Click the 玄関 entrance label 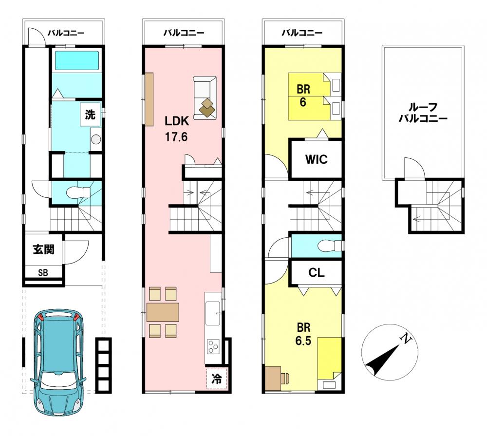click(x=44, y=249)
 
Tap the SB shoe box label click(x=43, y=272)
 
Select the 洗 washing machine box click(x=91, y=114)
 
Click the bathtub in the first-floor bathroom click(x=77, y=60)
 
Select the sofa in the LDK click(x=205, y=97)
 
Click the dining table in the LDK click(x=163, y=312)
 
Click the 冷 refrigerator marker click(x=217, y=379)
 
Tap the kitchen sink click(x=214, y=313)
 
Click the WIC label click(x=316, y=159)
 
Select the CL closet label click(x=317, y=272)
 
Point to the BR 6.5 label click(x=303, y=334)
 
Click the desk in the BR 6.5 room click(x=273, y=378)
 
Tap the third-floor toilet click(x=330, y=245)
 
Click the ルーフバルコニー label click(x=423, y=113)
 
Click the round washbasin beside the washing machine click(x=95, y=139)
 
